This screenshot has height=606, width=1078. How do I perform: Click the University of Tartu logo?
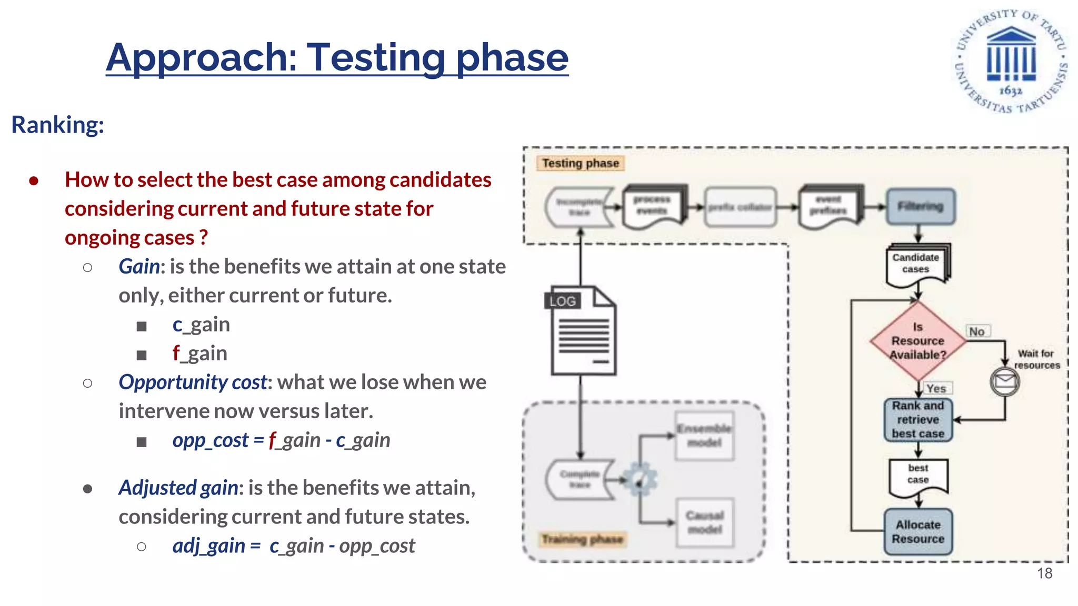point(1011,61)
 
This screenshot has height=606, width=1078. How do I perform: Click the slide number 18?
point(1044,573)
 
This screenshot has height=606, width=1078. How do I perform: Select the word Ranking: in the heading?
point(58,125)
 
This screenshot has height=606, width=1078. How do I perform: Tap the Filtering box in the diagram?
point(920,206)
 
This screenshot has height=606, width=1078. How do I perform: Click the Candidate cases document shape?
point(916,264)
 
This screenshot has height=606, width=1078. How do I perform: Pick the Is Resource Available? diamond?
point(917,341)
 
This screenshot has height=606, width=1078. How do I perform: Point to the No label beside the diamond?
point(977,331)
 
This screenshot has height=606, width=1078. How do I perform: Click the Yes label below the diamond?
point(936,388)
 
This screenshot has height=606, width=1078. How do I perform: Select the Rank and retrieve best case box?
point(918,420)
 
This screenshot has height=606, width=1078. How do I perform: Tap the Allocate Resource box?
point(918,532)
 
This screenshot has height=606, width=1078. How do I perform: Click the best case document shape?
point(918,475)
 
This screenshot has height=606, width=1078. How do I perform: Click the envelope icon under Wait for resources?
point(1004,381)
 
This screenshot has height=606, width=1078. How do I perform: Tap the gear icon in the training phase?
point(640,479)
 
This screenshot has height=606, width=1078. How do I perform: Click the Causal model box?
point(705,522)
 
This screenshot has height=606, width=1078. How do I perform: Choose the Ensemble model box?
point(705,436)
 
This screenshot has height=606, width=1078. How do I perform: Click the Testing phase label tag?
point(580,163)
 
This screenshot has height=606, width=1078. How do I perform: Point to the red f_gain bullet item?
point(200,353)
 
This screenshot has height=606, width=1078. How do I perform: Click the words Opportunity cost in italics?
point(193,382)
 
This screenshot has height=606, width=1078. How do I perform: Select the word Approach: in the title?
point(202,57)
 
